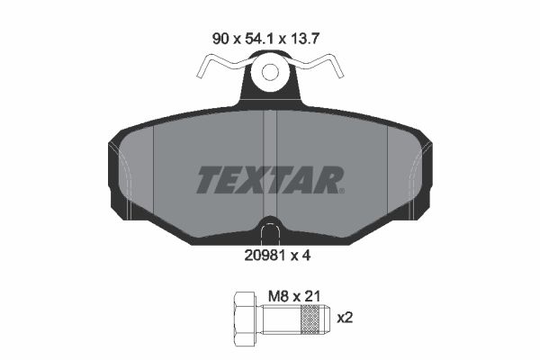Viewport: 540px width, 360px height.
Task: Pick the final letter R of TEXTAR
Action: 327,180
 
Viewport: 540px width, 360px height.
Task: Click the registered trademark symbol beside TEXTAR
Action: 340,190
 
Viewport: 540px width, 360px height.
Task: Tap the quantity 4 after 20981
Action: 306,254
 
